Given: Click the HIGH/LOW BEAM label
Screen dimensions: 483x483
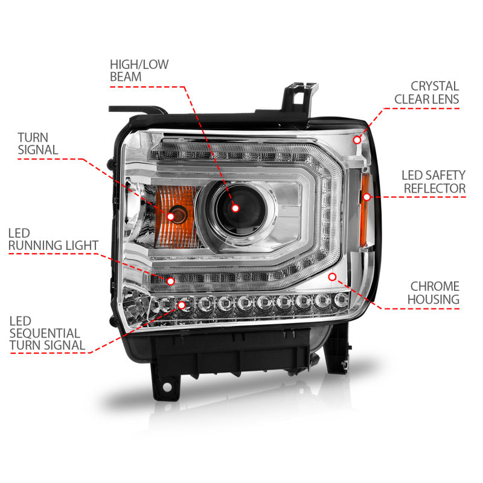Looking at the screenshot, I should (x=139, y=70).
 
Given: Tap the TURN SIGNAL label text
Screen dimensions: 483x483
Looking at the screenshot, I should (x=37, y=144).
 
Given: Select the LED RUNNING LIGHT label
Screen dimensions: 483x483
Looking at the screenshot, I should (x=53, y=238).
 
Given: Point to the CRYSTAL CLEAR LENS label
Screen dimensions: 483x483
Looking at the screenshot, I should (x=426, y=92).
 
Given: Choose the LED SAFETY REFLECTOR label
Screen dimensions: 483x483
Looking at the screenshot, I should (x=433, y=182).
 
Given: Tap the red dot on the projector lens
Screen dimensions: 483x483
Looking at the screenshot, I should (x=235, y=208).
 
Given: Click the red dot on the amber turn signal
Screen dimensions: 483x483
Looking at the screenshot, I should (x=171, y=216).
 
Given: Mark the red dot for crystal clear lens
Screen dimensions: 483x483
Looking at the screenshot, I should (x=357, y=139).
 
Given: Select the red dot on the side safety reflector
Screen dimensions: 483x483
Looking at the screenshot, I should (x=366, y=196).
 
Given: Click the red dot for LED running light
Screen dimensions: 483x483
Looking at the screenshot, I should (x=171, y=281).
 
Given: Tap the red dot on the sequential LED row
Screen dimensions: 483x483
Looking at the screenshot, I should (x=181, y=304).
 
